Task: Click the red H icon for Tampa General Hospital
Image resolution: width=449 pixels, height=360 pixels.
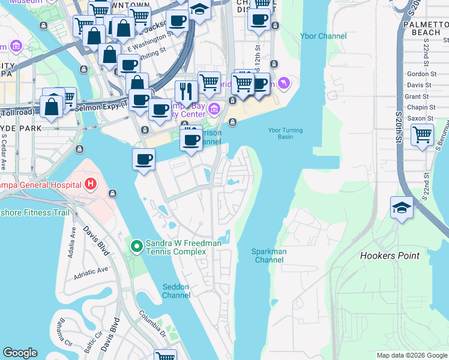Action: pyautogui.click(x=91, y=183)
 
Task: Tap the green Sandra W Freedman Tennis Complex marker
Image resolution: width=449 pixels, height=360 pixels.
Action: pyautogui.click(x=136, y=246)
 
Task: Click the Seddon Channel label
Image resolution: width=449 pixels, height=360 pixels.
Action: pyautogui.click(x=176, y=291)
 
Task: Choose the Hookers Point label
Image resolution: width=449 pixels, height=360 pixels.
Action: pyautogui.click(x=390, y=256)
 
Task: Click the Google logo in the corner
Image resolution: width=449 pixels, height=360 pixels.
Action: pyautogui.click(x=20, y=353)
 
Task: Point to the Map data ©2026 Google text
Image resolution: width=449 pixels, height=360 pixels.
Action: pyautogui.click(x=411, y=355)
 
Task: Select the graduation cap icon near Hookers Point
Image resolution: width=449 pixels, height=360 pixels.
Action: pyautogui.click(x=401, y=208)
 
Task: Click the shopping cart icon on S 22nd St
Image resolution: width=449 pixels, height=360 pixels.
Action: pyautogui.click(x=422, y=134)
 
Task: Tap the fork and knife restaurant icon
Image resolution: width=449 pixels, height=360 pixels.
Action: pyautogui.click(x=186, y=91)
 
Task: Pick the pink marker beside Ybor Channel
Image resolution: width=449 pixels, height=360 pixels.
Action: pyautogui.click(x=284, y=83)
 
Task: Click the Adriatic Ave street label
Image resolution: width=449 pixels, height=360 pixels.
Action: pyautogui.click(x=91, y=270)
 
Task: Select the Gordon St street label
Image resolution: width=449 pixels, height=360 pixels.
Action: pyautogui.click(x=421, y=74)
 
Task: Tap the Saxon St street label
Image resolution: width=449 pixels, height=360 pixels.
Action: pyautogui.click(x=421, y=118)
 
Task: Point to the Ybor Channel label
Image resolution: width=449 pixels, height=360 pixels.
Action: pyautogui.click(x=324, y=36)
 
